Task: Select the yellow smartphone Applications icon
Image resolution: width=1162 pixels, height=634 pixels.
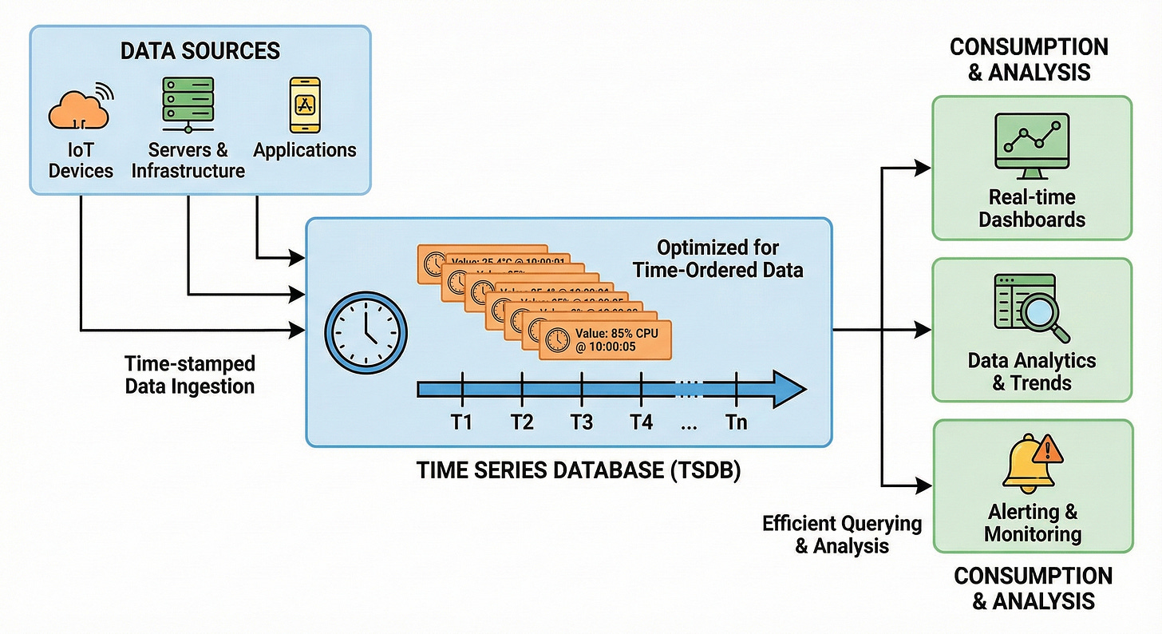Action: [x=304, y=105]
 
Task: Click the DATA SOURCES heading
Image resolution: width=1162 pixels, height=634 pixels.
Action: [x=200, y=51]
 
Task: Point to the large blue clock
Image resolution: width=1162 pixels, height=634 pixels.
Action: [x=366, y=331]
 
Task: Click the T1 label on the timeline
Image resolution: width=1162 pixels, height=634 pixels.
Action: [x=461, y=422]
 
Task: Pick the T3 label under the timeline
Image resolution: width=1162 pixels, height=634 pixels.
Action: [x=582, y=422]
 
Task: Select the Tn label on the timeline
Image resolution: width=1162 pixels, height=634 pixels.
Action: [x=737, y=422]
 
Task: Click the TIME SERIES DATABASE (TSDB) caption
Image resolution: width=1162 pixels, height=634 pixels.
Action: [x=579, y=471]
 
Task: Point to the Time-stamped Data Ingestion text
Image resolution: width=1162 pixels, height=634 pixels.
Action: [x=189, y=375]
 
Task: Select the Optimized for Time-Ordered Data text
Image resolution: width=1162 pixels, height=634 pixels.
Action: [x=717, y=259]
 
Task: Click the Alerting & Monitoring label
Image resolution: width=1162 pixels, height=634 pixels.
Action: [x=1033, y=522]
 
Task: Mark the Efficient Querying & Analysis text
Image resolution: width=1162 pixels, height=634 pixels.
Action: [x=841, y=535]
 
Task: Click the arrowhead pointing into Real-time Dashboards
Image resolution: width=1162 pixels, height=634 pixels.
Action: [x=923, y=168]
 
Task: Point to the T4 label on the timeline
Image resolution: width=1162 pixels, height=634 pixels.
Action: [x=641, y=422]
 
